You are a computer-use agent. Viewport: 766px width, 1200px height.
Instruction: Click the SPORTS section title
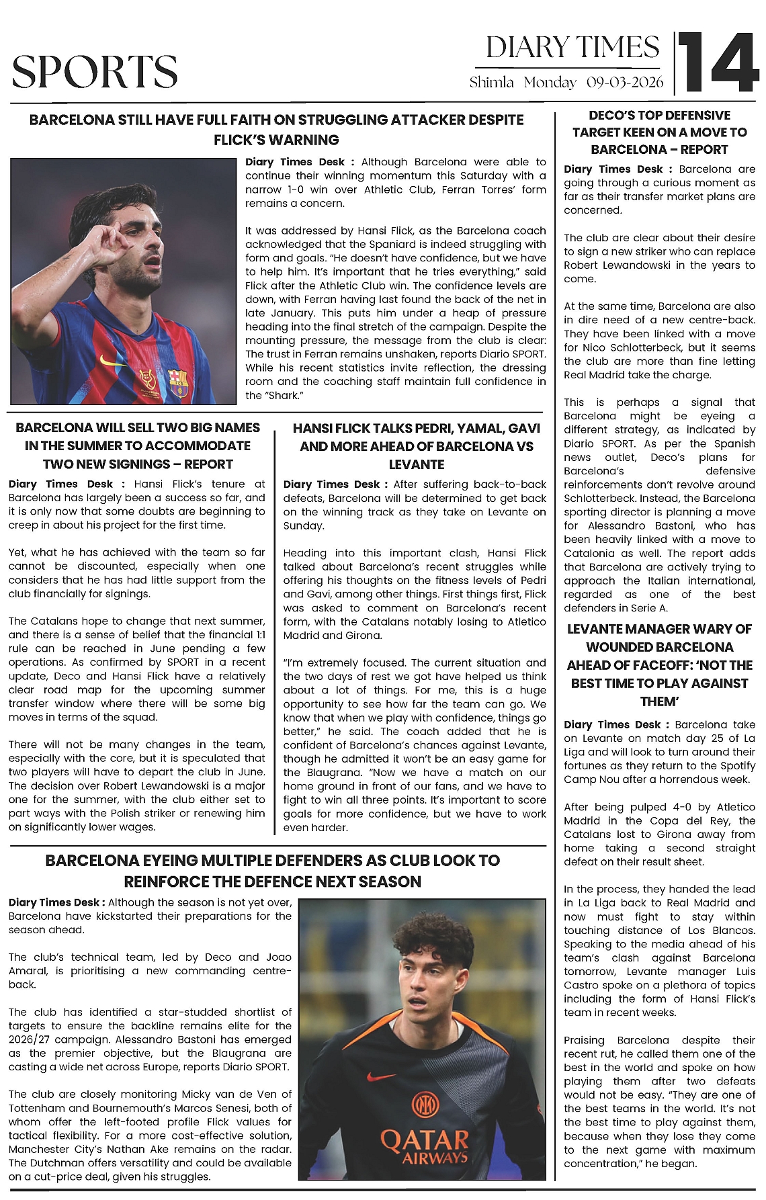[95, 72]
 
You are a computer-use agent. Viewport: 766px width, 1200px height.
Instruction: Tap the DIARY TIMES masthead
[572, 48]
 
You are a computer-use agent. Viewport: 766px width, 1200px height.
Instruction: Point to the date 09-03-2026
[624, 83]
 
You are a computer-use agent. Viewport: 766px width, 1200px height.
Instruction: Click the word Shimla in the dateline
[491, 83]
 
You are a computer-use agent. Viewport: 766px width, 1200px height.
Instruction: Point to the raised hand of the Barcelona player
[108, 242]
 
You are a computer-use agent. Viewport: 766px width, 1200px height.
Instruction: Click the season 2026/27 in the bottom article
[31, 1039]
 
